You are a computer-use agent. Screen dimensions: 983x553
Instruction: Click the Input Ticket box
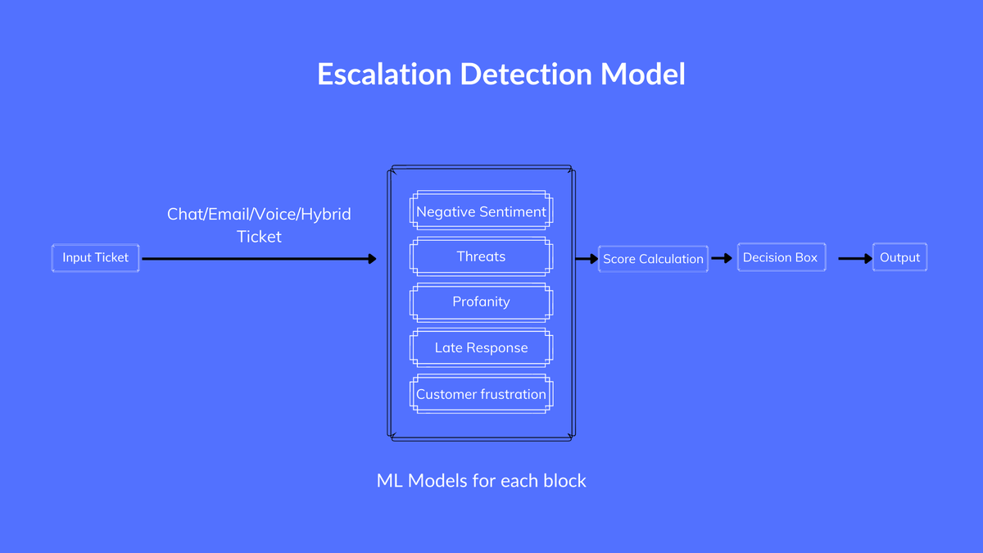(95, 257)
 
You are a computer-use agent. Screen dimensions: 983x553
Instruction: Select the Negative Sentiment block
(481, 211)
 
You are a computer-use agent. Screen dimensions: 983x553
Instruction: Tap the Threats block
(481, 256)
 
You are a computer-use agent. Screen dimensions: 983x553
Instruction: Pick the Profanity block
(481, 302)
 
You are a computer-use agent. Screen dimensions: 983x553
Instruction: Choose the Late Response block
(481, 347)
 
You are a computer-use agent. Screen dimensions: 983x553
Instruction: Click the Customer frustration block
(481, 394)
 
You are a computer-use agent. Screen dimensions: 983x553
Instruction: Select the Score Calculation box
(653, 259)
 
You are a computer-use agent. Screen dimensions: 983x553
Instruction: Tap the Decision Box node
(781, 257)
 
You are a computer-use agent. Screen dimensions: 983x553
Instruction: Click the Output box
(899, 257)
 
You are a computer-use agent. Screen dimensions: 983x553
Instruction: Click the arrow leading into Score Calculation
(587, 259)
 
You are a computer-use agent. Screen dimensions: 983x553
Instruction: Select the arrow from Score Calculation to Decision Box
(722, 259)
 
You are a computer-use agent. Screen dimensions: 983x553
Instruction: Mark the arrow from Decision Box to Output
(855, 259)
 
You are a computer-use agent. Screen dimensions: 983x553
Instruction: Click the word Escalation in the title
(384, 74)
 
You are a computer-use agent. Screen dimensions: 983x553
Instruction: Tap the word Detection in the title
(526, 74)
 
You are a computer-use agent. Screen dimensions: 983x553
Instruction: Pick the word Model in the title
(642, 74)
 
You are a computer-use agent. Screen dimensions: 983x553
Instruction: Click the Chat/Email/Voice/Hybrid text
(259, 215)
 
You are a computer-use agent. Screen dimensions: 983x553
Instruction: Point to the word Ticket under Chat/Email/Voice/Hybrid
(259, 237)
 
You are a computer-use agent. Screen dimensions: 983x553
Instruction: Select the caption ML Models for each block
(481, 481)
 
